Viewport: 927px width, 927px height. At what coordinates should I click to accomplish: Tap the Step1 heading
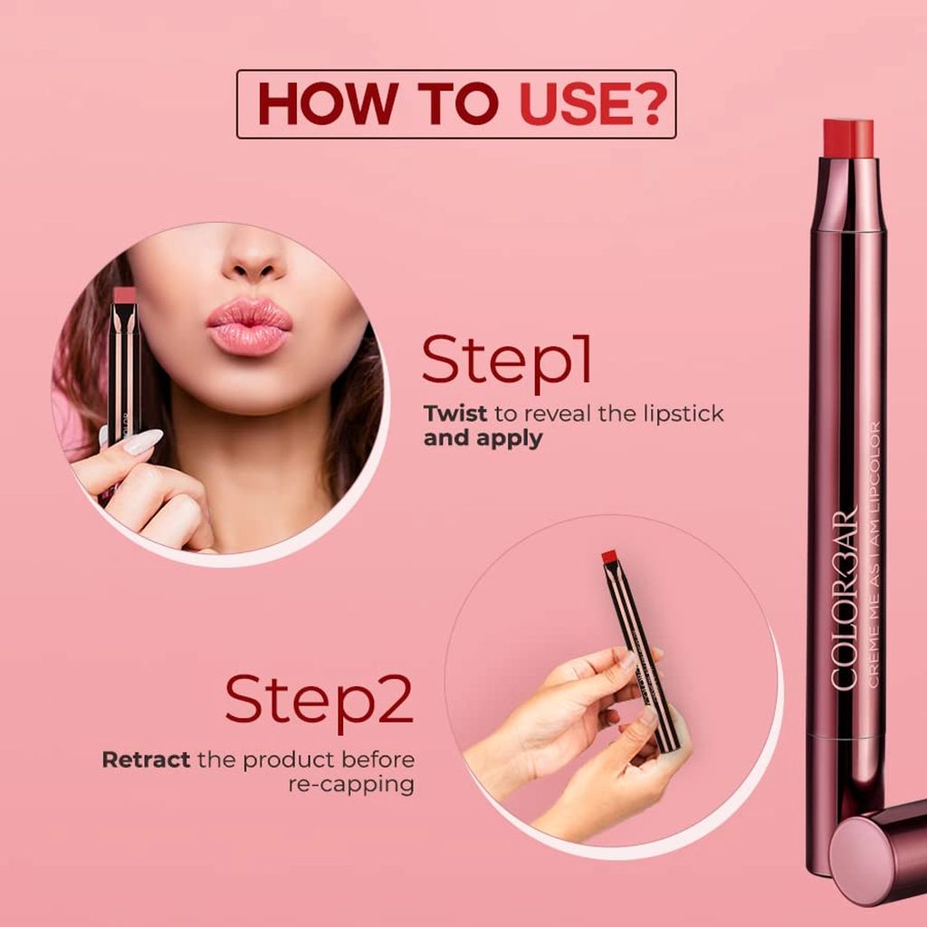pos(507,359)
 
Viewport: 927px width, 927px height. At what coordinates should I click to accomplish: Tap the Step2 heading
pos(319,700)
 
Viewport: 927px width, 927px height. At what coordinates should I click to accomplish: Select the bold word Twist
pos(454,414)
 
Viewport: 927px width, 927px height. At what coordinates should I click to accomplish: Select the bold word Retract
pos(146,759)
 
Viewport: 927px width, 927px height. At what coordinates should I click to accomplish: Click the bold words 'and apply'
pos(483,439)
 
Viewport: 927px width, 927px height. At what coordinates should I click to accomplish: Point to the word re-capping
pos(351,784)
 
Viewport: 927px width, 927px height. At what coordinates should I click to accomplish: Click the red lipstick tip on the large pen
pos(848,138)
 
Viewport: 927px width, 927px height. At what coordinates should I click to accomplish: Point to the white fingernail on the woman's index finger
pos(142,442)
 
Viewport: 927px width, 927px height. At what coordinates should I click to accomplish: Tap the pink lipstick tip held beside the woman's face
pos(124,295)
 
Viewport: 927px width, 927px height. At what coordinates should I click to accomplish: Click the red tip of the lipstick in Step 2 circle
pos(609,555)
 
